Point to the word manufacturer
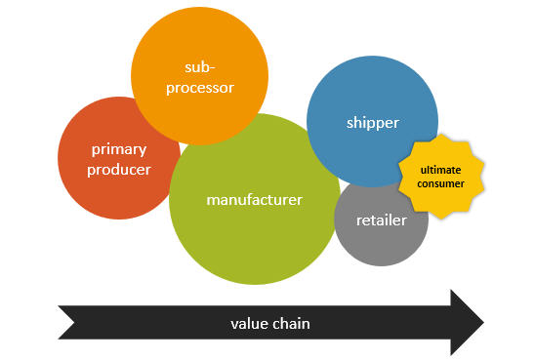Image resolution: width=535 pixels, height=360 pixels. [255, 200]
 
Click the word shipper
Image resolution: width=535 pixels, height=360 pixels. [373, 123]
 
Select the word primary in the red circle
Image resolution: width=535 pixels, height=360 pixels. [119, 150]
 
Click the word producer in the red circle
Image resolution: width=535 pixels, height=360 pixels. [119, 170]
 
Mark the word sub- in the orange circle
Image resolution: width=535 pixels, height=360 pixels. [199, 66]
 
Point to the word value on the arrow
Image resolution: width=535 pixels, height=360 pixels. [249, 323]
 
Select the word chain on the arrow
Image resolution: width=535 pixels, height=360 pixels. [292, 323]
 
